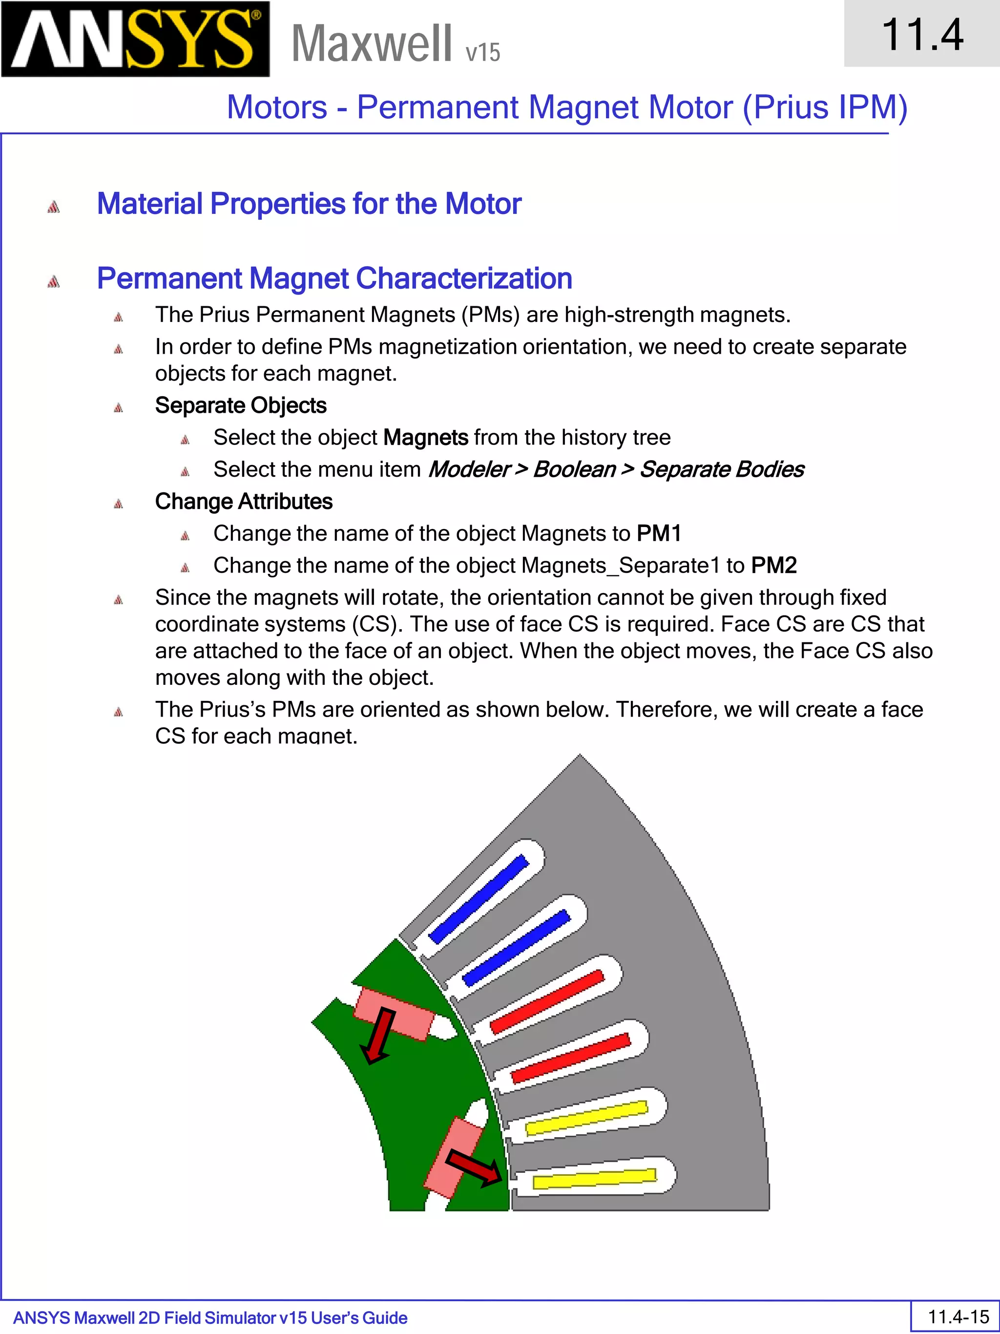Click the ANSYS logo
[x=135, y=39]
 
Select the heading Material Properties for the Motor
[x=309, y=204]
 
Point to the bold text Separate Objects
[x=241, y=406]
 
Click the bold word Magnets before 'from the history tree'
[x=426, y=438]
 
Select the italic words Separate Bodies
[x=722, y=470]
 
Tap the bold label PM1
[x=659, y=534]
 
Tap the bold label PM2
[x=774, y=566]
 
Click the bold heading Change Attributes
[x=244, y=502]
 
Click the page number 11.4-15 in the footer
[x=958, y=1316]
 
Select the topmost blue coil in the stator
[x=479, y=900]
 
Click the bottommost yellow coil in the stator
[x=594, y=1178]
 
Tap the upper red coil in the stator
[x=547, y=1002]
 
